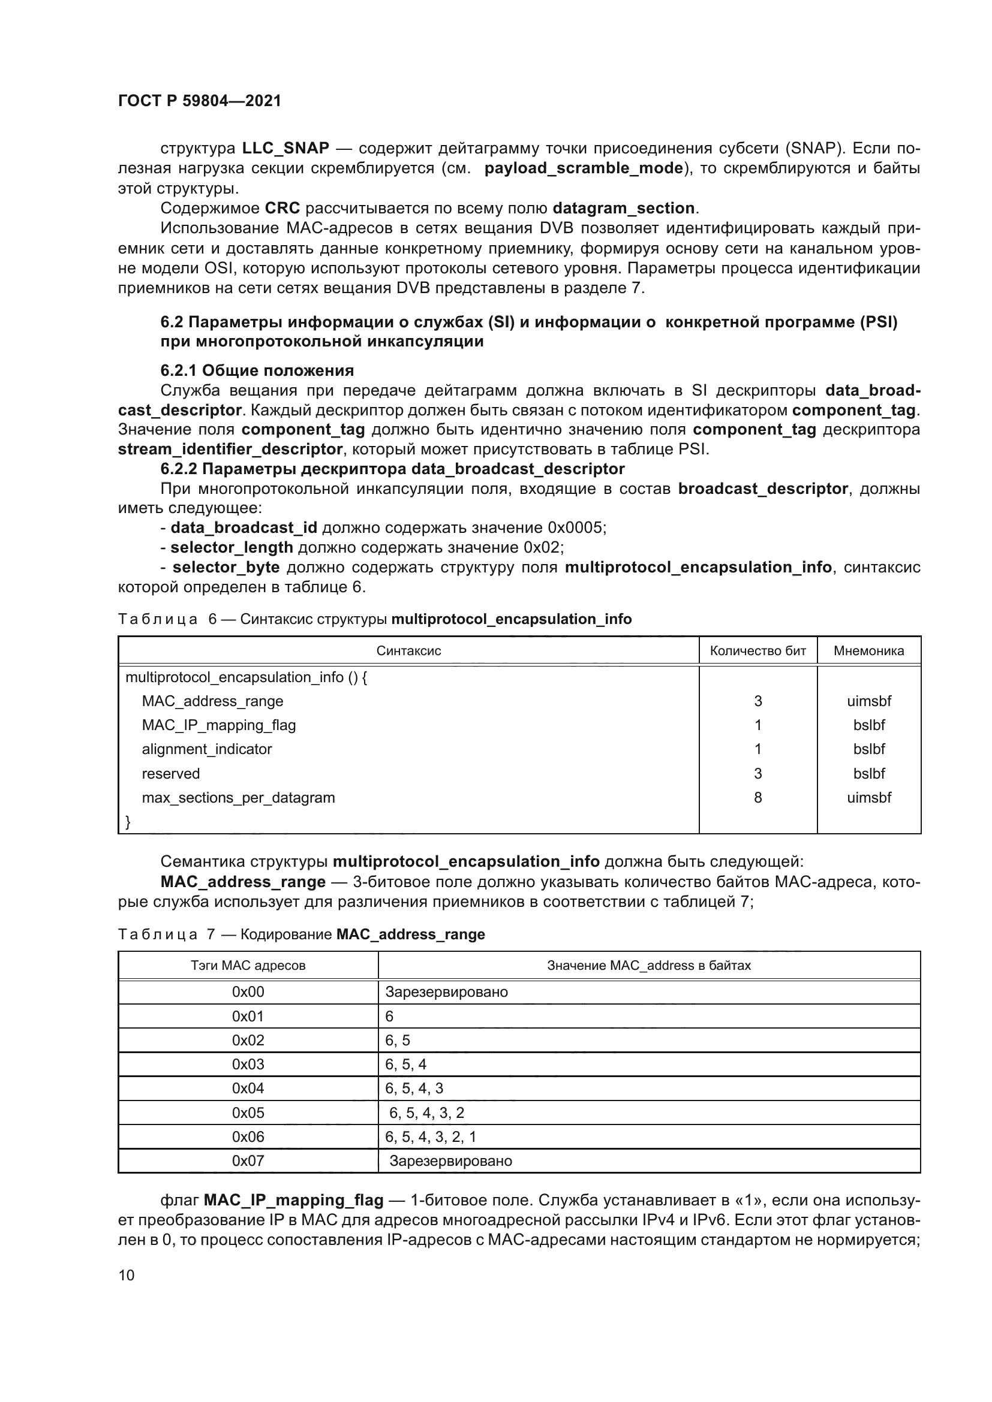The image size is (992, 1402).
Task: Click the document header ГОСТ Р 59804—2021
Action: [x=200, y=101]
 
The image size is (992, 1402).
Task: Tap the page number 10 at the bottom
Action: [x=127, y=1275]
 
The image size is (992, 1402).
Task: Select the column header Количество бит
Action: [x=757, y=651]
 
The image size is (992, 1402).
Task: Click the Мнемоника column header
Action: [x=868, y=651]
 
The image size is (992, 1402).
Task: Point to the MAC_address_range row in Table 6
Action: [x=212, y=701]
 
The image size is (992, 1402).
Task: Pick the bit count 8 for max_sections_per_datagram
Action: [x=757, y=797]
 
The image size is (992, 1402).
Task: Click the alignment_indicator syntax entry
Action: [x=206, y=749]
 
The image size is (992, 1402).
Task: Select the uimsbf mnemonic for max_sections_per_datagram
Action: [x=868, y=797]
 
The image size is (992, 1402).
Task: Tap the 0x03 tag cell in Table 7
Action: [x=248, y=1065]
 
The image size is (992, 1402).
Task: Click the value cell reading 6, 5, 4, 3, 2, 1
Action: [x=431, y=1137]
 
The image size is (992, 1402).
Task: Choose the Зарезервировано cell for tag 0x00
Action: [x=447, y=991]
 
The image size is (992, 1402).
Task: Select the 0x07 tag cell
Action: [x=248, y=1161]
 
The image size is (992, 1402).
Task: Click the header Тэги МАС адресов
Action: [x=248, y=966]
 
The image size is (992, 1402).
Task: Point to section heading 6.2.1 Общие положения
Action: [x=257, y=370]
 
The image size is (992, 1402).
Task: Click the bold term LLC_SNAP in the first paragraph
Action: [x=285, y=149]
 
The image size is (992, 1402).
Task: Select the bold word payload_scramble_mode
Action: [x=584, y=168]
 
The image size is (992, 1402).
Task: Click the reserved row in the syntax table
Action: [x=170, y=774]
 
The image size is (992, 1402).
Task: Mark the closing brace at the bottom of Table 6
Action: [x=128, y=822]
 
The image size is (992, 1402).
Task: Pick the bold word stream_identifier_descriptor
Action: [x=230, y=450]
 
